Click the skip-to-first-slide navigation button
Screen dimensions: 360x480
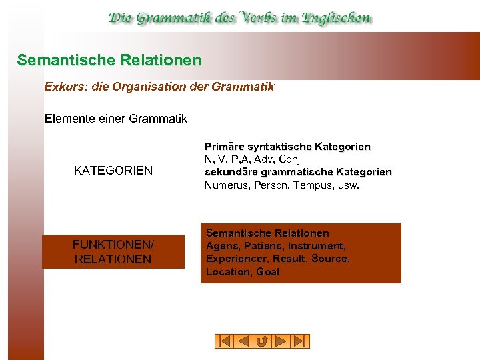point(224,341)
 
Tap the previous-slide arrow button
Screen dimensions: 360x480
point(243,341)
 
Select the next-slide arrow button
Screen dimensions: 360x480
point(281,341)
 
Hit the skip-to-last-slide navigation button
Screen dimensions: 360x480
point(301,341)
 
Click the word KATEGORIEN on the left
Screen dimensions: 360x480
point(113,171)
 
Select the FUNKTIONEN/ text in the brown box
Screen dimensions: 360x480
point(113,245)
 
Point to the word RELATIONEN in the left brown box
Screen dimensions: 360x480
point(113,259)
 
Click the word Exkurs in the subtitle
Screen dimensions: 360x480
point(61,87)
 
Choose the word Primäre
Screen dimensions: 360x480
point(224,147)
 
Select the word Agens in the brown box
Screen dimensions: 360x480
point(221,246)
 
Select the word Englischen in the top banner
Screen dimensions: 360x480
point(337,18)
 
